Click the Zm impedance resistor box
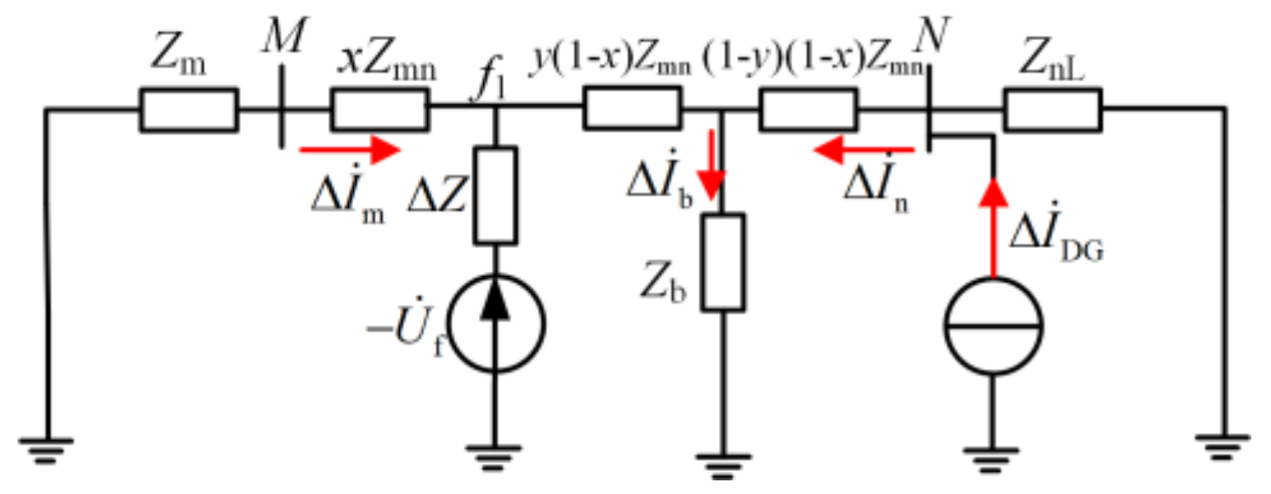[x=188, y=111]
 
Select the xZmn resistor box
[x=379, y=111]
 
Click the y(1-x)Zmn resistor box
[x=631, y=111]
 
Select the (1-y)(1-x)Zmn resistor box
[x=808, y=111]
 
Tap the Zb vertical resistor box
[x=722, y=261]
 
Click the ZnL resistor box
[x=1053, y=111]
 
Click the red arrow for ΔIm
[x=349, y=151]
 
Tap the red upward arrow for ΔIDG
[x=992, y=226]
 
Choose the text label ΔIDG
[x=1055, y=241]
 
